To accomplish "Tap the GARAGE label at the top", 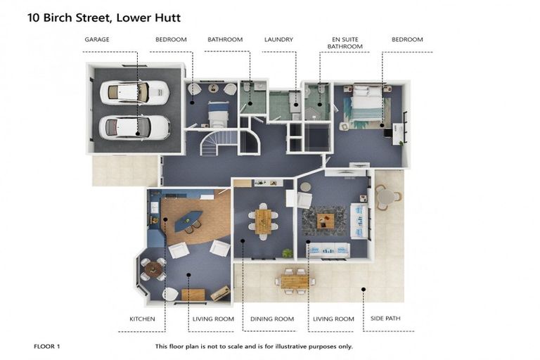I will pyautogui.click(x=96, y=39).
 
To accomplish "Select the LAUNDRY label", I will pyautogui.click(x=278, y=39).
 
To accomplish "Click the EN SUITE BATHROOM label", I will pyautogui.click(x=347, y=43).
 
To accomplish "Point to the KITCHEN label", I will pyautogui.click(x=142, y=319).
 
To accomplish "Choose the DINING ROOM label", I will pyautogui.click(x=272, y=319).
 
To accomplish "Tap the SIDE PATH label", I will pyautogui.click(x=385, y=319).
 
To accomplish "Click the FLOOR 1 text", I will pyautogui.click(x=47, y=347).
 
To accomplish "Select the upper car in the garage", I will pyautogui.click(x=134, y=92).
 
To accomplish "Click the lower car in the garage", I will pyautogui.click(x=134, y=127).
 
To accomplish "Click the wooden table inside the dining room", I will pyautogui.click(x=263, y=221).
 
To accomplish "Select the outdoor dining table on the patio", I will pyautogui.click(x=295, y=281).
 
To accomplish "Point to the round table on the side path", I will pyautogui.click(x=384, y=198).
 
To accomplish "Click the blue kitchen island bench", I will pyautogui.click(x=188, y=221).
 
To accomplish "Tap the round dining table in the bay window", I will pyautogui.click(x=154, y=269).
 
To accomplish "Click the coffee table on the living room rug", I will pyautogui.click(x=325, y=221).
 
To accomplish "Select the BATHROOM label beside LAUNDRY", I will pyautogui.click(x=225, y=39).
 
